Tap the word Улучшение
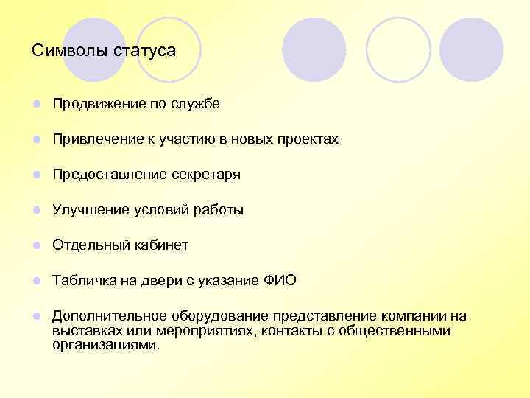point(91,210)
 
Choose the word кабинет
point(160,245)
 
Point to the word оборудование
point(216,316)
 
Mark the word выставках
point(86,331)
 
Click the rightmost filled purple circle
point(472,49)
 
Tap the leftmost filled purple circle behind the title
point(94,49)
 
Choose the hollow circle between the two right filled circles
point(398,49)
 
